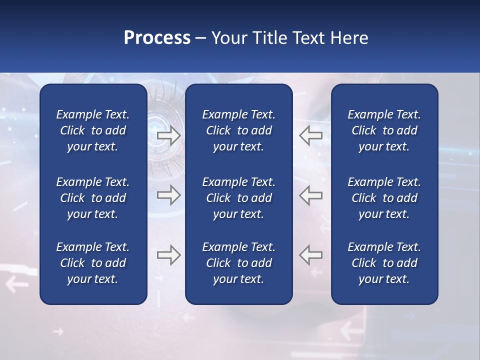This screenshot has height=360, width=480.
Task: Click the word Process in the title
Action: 157,38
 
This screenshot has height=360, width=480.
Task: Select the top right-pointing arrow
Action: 169,135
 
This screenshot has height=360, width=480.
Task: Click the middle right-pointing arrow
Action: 169,195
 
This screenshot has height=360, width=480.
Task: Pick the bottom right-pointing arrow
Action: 169,255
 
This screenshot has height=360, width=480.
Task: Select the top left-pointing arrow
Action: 310,135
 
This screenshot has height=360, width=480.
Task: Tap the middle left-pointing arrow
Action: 310,195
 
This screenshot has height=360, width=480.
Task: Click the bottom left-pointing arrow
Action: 310,255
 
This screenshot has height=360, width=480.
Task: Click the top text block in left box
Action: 93,130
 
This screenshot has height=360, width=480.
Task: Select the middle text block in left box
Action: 93,198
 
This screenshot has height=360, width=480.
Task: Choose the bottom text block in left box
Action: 93,263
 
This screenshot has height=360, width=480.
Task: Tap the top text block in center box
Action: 238,130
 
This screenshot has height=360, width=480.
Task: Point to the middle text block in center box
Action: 238,198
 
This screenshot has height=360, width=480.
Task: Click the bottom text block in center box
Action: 238,263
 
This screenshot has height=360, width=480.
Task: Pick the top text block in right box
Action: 384,130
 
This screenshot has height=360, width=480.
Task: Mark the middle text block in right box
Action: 384,198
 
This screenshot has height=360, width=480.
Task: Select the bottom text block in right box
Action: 384,263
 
